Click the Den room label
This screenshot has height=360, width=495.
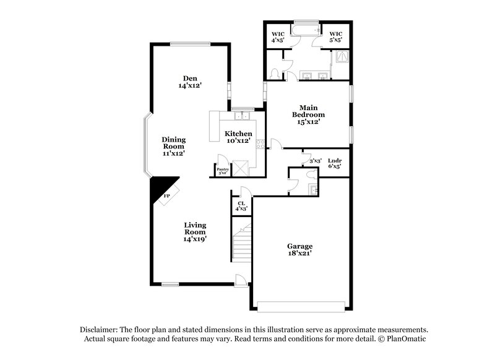tap(189, 81)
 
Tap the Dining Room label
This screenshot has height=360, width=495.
tap(174, 145)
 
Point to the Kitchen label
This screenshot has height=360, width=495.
tap(238, 137)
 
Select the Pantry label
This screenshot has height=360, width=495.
tap(222, 171)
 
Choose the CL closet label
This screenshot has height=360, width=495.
tap(241, 206)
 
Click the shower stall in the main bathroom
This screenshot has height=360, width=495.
tap(340, 59)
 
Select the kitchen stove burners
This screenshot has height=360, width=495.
tap(260, 144)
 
